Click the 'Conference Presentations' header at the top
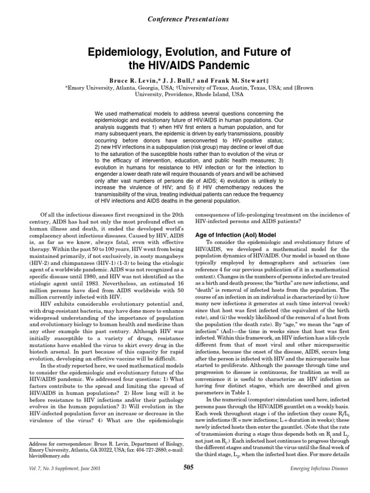(x=185, y=19)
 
